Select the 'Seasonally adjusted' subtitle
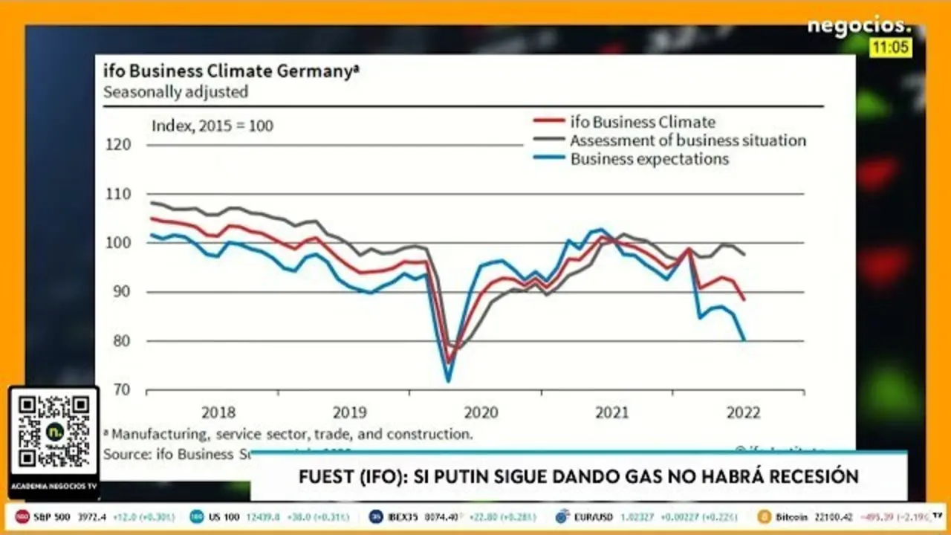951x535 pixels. [175, 93]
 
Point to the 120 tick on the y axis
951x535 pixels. [119, 144]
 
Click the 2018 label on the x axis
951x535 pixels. [218, 412]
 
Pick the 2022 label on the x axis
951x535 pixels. [742, 412]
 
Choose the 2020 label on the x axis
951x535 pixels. [480, 412]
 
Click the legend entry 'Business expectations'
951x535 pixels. [649, 159]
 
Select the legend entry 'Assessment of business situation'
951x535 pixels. [687, 140]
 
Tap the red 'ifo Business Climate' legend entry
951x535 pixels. [642, 122]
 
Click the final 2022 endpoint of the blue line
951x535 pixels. [744, 340]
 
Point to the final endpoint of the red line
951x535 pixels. [744, 299]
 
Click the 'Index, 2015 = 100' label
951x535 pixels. [212, 126]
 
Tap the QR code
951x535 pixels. [54, 431]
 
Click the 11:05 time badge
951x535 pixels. [891, 48]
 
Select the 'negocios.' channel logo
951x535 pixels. [859, 26]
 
